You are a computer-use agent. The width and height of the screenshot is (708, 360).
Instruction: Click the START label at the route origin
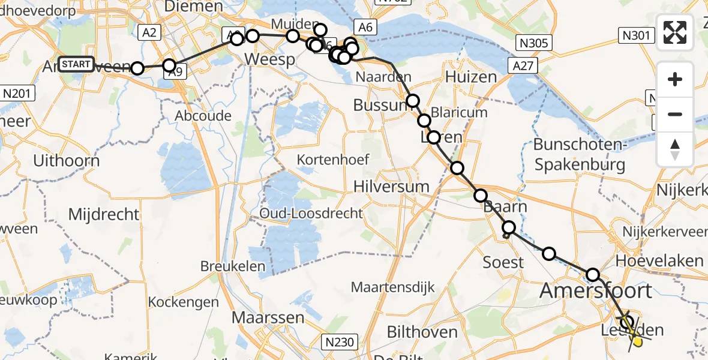[76, 64]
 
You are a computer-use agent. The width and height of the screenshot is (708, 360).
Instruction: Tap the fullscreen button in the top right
[675, 32]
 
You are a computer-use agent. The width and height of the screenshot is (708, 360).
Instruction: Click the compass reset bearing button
[675, 149]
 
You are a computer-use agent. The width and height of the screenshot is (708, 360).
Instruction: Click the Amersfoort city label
[596, 291]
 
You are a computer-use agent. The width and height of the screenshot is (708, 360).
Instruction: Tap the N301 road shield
[636, 36]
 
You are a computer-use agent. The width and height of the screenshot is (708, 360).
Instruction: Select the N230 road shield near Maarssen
[340, 342]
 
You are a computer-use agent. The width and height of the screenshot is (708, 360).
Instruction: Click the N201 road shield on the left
[18, 93]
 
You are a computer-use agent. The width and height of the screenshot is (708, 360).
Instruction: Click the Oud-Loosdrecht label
[311, 214]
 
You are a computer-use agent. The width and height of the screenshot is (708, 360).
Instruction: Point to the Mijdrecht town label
[103, 214]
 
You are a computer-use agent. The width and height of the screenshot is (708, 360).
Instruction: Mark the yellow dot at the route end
[638, 342]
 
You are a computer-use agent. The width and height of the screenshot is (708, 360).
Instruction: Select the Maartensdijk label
[392, 287]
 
